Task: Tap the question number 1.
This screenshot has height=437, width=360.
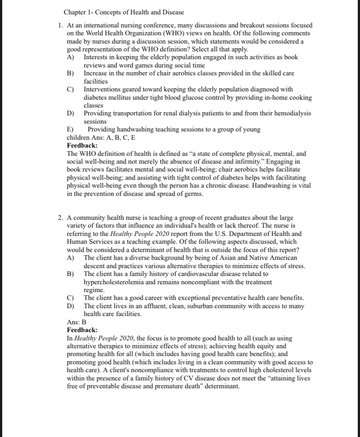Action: [60, 26]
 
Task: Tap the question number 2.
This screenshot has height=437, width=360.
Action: [60, 218]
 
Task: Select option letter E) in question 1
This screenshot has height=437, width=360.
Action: [70, 129]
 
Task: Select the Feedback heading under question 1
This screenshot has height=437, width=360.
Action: [82, 145]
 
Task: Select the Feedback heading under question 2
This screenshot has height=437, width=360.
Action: [82, 330]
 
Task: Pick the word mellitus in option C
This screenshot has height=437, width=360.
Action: [107, 97]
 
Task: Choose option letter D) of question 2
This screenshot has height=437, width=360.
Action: [70, 306]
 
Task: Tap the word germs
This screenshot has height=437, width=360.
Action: [193, 194]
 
